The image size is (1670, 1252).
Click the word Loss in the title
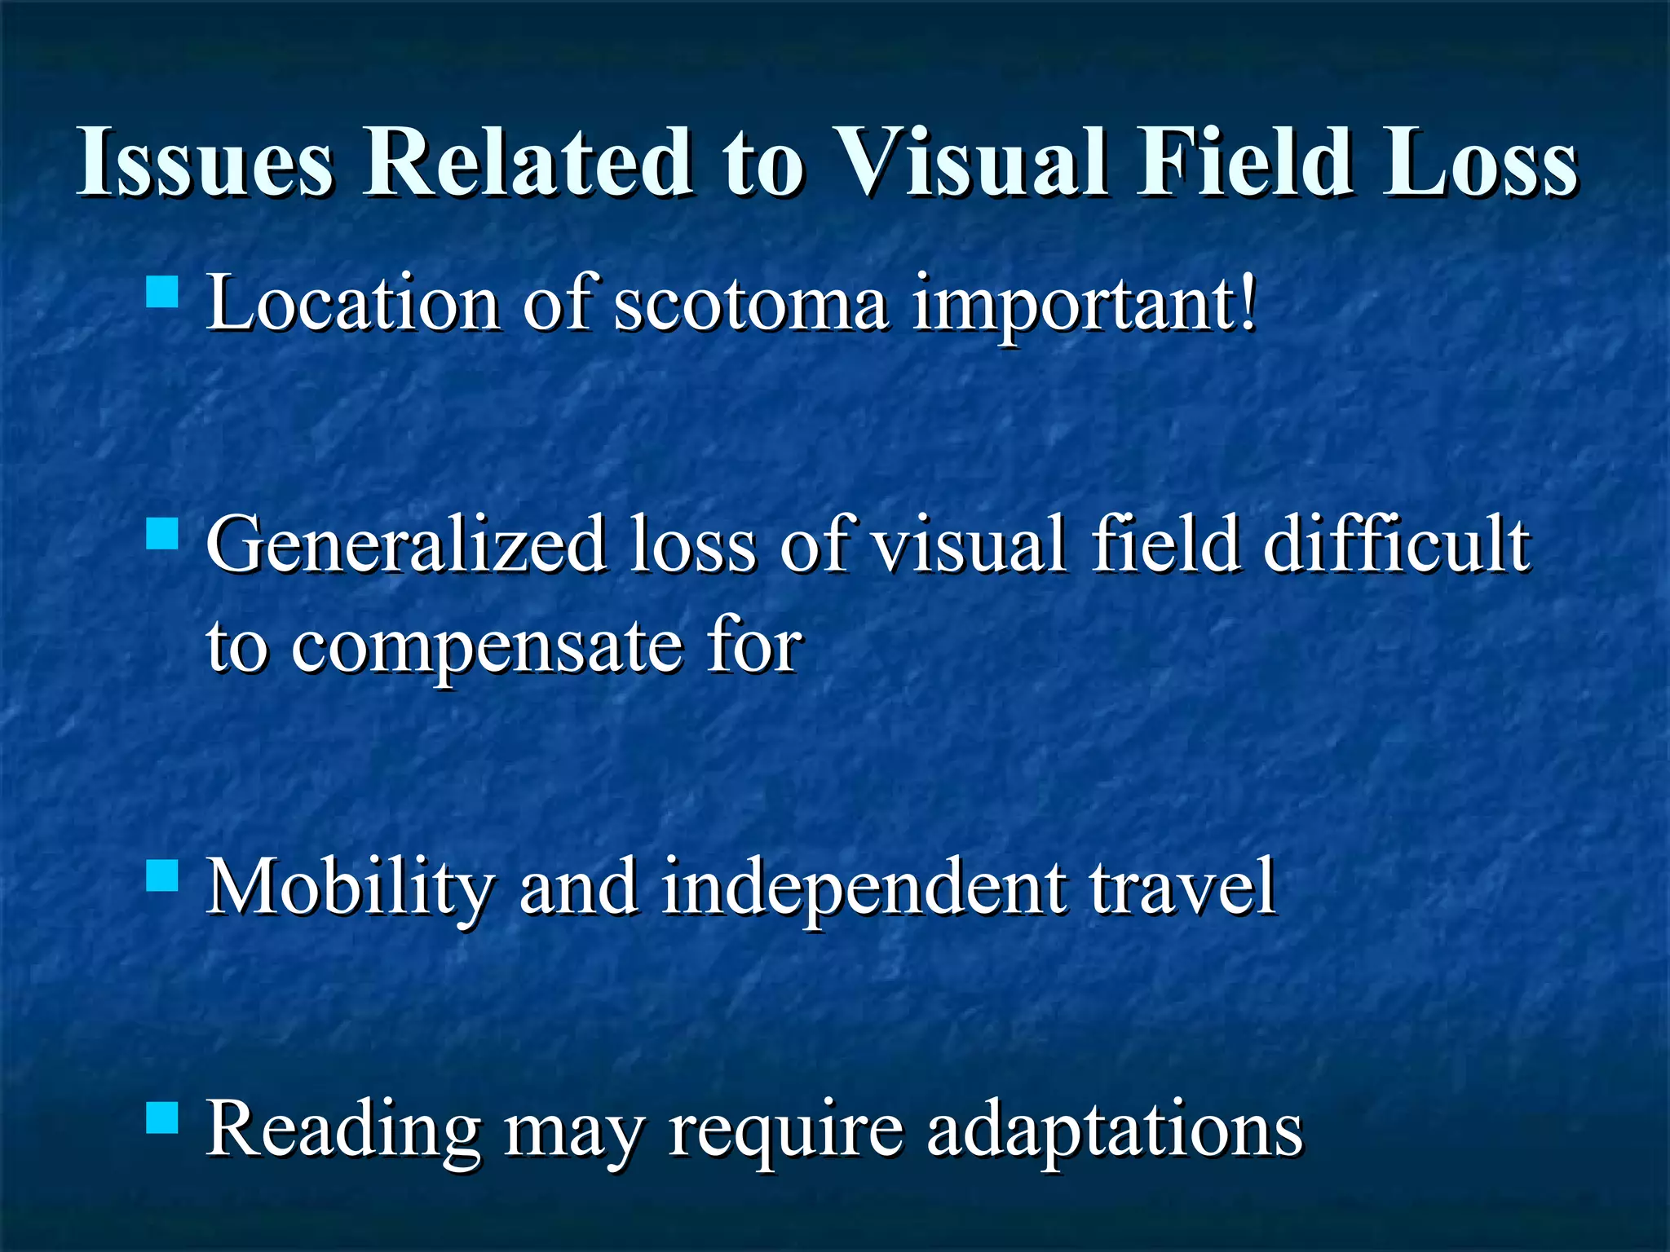pyautogui.click(x=1480, y=162)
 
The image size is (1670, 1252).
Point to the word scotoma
pyautogui.click(x=750, y=303)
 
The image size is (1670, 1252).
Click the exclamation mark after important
pyautogui.click(x=1247, y=302)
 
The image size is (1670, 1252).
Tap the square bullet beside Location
pyautogui.click(x=162, y=291)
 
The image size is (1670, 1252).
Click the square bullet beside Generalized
pyautogui.click(x=162, y=535)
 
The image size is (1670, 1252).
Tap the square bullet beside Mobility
pyautogui.click(x=162, y=876)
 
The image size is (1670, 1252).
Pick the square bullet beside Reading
pyautogui.click(x=162, y=1118)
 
